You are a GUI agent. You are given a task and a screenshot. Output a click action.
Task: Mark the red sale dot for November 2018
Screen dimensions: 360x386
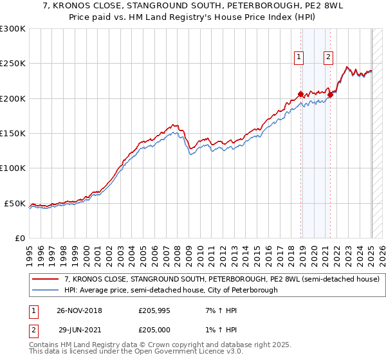click(x=300, y=94)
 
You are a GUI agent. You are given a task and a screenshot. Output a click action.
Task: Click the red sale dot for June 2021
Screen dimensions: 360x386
click(x=330, y=95)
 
